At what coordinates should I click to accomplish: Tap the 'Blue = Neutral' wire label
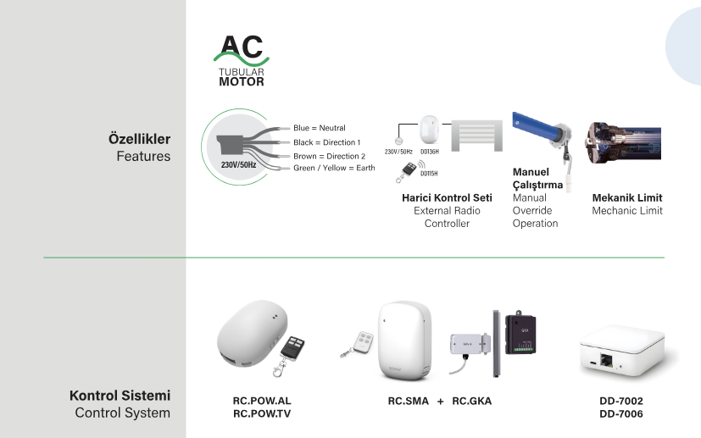click(x=320, y=128)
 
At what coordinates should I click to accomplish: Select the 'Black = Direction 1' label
click(x=326, y=142)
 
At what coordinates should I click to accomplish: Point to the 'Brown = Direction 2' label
click(x=329, y=156)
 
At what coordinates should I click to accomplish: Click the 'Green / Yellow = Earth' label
click(x=334, y=168)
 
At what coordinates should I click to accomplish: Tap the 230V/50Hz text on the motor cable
click(x=238, y=164)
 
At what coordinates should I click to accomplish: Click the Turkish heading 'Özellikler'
click(x=139, y=138)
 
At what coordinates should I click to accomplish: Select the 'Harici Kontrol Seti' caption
click(x=447, y=197)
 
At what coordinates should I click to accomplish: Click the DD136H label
click(x=429, y=152)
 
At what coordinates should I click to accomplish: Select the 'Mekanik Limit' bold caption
click(x=626, y=197)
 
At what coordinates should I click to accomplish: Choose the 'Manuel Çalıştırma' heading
click(x=537, y=179)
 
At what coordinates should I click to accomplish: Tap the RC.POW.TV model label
click(x=261, y=413)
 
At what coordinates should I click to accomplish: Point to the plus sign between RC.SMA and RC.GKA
click(x=441, y=401)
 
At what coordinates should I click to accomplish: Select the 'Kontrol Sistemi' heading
click(x=120, y=396)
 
